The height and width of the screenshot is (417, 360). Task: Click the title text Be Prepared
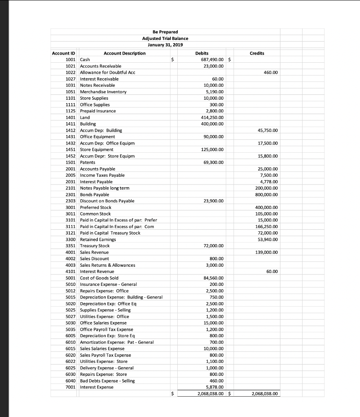[165, 32]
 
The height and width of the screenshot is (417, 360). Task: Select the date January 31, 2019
[165, 45]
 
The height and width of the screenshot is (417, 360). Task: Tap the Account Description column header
[124, 53]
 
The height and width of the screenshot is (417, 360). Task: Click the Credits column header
[257, 53]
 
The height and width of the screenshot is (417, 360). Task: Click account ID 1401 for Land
[71, 117]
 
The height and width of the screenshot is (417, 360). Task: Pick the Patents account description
[87, 162]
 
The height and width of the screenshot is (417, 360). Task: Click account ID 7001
[71, 387]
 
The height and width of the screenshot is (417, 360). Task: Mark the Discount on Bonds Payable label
[107, 201]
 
